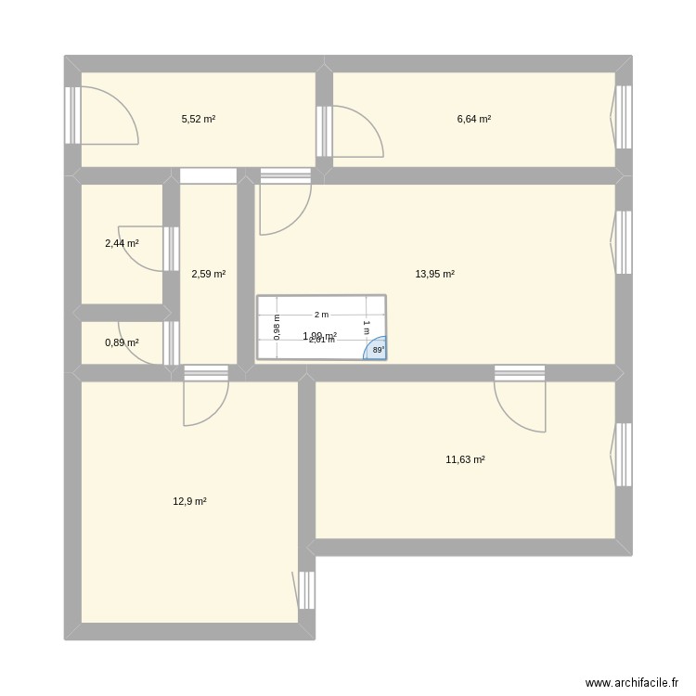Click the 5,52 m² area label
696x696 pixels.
198,119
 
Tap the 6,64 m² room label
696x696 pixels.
473,119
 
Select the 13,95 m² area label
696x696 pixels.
434,274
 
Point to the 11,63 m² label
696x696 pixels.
465,459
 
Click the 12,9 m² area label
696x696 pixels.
189,501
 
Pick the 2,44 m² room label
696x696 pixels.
122,243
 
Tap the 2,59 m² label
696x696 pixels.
208,274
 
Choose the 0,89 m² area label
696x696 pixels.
122,342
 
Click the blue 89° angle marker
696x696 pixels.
377,350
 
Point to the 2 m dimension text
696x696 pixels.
321,315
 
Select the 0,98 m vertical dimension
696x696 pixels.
276,327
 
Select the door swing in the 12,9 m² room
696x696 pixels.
206,404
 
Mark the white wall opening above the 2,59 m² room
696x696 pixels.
208,175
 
